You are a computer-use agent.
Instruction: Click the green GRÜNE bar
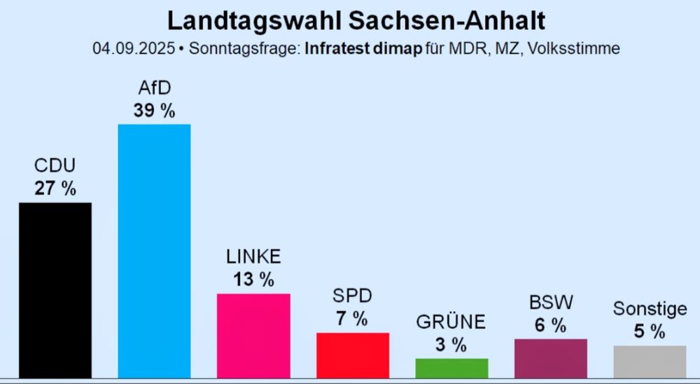(451, 368)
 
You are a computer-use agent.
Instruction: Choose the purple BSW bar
(551, 358)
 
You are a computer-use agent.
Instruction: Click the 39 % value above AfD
(154, 110)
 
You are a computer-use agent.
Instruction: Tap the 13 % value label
(253, 280)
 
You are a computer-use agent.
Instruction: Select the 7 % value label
(353, 319)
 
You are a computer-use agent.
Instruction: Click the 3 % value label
(451, 345)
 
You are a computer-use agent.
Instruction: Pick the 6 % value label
(551, 325)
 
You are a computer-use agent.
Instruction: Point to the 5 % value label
(650, 331)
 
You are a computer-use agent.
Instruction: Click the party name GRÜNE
(451, 322)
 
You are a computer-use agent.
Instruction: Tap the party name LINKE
(253, 257)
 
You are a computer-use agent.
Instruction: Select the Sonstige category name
(650, 308)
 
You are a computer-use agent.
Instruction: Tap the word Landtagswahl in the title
(244, 20)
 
